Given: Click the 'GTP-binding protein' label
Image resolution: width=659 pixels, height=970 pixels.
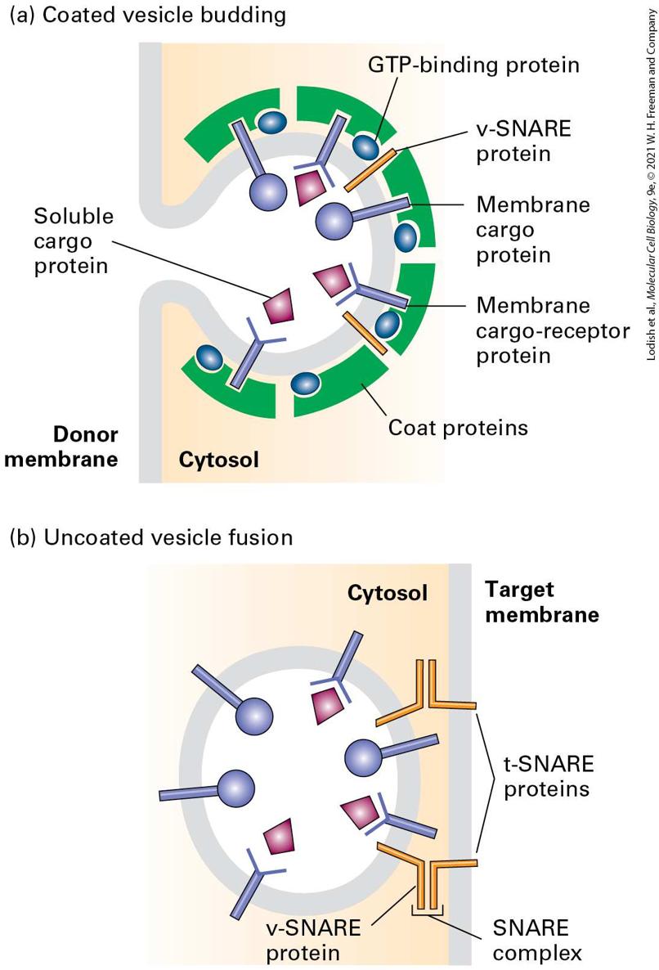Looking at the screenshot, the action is (473, 65).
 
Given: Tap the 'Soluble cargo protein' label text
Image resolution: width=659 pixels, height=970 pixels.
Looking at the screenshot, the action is (74, 240).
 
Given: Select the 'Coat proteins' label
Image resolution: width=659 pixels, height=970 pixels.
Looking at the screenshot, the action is (458, 428).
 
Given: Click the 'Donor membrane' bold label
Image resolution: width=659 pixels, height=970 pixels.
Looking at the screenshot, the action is (61, 446).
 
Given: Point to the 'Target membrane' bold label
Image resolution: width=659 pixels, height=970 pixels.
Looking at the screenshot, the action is (542, 601).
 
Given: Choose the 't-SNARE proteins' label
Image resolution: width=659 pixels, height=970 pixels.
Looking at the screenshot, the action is (549, 775).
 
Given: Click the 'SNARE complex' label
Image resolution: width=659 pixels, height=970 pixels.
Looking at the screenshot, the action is (537, 940).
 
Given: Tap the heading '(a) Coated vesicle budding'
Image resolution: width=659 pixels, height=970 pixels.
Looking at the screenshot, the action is (148, 15).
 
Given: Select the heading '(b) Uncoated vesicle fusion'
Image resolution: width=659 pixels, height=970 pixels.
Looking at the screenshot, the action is (151, 537).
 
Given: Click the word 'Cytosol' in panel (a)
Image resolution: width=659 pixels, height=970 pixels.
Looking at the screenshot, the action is (219, 460).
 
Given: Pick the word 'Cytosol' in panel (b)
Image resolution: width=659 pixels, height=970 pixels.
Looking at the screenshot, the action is (388, 593).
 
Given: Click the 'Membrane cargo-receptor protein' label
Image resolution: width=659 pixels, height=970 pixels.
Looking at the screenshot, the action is (553, 330).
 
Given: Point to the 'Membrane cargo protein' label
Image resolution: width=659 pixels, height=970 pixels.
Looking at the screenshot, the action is (533, 230).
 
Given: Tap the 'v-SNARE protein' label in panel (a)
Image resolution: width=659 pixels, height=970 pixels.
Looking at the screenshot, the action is (523, 141).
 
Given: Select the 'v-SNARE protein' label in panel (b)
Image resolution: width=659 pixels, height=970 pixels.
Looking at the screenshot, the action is (313, 940).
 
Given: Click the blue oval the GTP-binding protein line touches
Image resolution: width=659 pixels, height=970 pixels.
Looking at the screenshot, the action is (366, 147).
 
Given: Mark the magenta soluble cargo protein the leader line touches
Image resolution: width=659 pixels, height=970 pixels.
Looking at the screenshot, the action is (278, 306).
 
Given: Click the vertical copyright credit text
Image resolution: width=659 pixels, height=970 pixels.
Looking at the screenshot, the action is (650, 184).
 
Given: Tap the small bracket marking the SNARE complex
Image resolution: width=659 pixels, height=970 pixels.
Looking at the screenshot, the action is (428, 910).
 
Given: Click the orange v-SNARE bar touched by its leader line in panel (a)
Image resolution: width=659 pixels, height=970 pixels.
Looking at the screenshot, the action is (370, 170).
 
